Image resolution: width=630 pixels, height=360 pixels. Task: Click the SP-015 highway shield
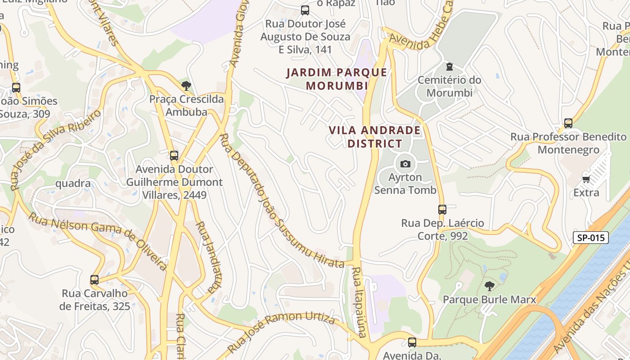590,238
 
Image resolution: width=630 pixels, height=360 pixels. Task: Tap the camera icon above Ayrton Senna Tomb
405,164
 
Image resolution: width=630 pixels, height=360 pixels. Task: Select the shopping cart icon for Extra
586,180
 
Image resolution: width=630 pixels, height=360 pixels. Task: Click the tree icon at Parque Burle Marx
489,286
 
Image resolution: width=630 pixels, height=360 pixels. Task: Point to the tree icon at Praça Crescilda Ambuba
186,85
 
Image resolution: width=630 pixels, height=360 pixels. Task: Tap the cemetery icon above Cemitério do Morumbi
449,67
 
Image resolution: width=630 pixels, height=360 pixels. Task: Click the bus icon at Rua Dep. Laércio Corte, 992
442,210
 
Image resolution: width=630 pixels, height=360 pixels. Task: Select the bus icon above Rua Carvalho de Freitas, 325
94,280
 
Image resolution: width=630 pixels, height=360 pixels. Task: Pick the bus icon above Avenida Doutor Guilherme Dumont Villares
174,156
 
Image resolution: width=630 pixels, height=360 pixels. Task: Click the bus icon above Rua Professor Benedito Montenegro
568,123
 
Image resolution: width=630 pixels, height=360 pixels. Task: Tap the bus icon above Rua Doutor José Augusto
305,10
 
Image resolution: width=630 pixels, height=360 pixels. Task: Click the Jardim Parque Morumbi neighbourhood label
337,79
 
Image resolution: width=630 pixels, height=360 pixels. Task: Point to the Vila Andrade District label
374,137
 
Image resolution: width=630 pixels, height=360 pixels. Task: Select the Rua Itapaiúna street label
359,301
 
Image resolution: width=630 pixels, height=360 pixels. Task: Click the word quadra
73,184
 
